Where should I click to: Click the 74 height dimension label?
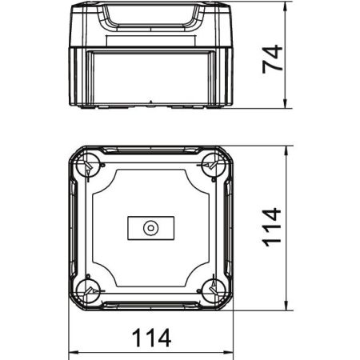coord(272,58)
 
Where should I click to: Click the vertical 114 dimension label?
coord(272,227)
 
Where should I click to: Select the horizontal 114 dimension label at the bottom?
coord(151,338)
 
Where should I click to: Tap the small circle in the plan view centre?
coord(151,228)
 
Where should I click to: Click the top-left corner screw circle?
coord(87,166)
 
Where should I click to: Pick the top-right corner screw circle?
coord(214,166)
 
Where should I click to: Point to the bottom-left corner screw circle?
coord(87,291)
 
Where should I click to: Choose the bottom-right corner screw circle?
coord(214,291)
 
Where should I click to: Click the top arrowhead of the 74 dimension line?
coord(286,6)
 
